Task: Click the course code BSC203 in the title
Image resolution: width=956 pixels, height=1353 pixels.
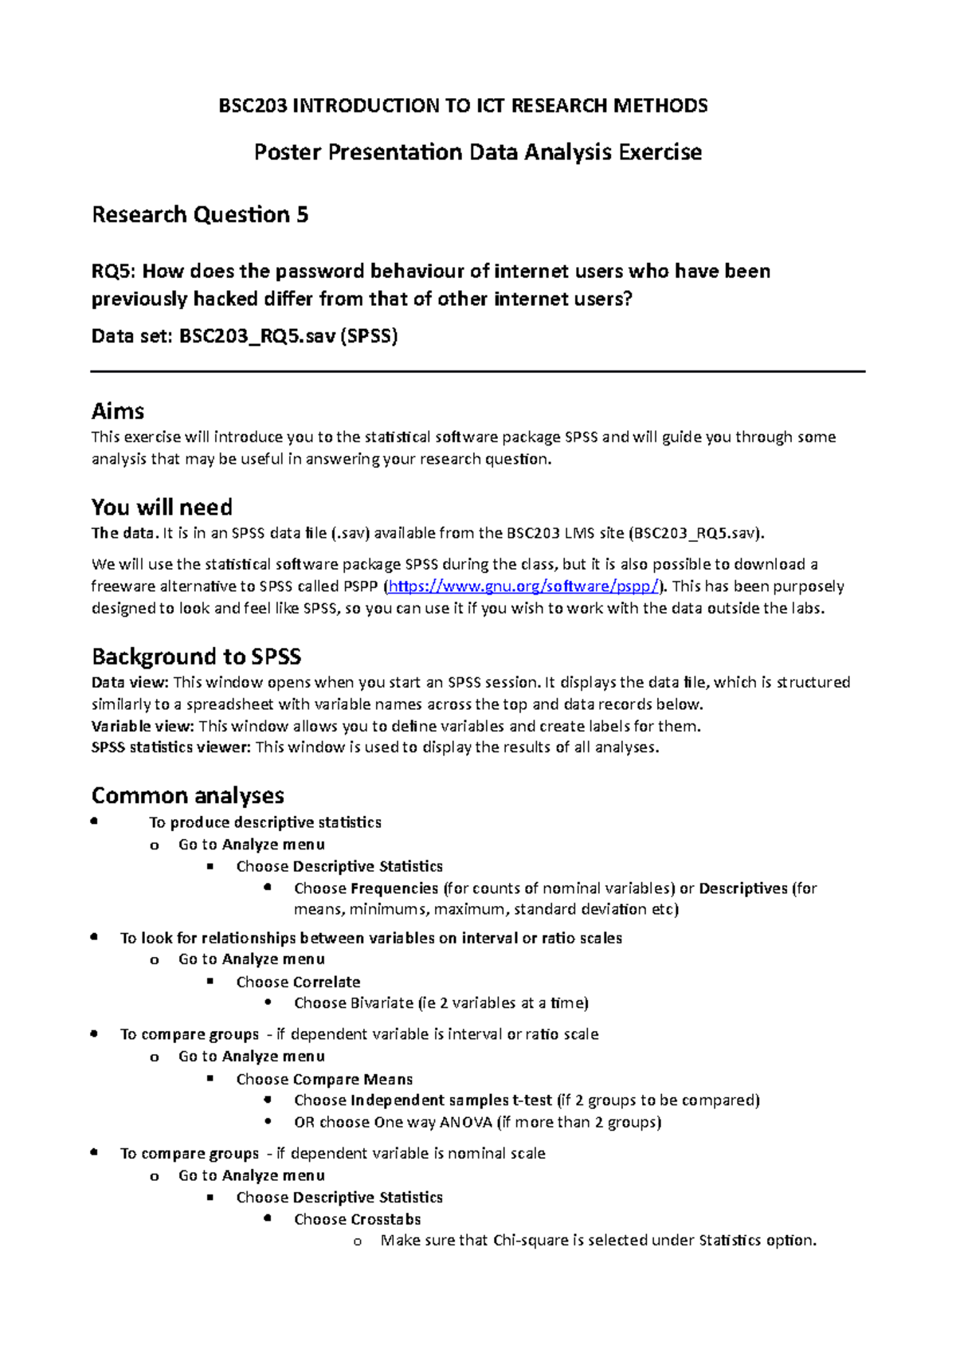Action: pos(252,106)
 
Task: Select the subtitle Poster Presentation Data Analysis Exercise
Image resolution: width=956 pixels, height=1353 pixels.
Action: pos(477,152)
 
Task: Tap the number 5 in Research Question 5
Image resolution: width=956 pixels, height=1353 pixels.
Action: pos(302,215)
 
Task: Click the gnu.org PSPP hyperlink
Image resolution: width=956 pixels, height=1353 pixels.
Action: pos(523,586)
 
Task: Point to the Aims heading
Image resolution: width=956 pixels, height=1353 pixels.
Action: pos(118,411)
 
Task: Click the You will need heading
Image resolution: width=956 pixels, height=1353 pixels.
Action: pos(162,508)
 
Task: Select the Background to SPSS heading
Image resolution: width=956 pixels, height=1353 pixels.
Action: pos(196,657)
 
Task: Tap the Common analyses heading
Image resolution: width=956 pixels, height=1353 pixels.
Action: pos(187,795)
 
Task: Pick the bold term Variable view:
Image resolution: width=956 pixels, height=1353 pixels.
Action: pos(143,727)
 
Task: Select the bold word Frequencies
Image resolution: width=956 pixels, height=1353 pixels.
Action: pos(394,888)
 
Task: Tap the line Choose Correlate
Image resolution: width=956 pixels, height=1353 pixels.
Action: pos(298,982)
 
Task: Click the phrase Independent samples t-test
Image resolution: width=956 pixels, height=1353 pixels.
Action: pos(451,1100)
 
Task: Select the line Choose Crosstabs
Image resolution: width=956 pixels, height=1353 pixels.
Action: pos(357,1219)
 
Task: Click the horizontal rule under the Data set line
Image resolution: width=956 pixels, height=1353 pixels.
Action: pos(478,371)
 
